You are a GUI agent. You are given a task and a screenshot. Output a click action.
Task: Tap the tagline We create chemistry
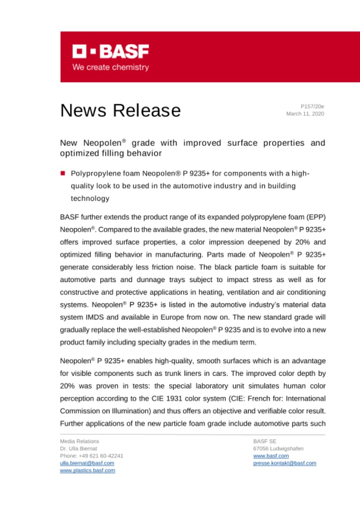tap(110, 67)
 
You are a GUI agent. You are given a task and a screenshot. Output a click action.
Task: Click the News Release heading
tap(120, 111)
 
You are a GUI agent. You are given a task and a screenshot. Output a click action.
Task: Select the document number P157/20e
tap(312, 107)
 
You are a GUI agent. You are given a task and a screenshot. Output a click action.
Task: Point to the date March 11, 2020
tap(305, 114)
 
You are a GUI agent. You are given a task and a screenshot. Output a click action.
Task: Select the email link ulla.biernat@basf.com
tap(87, 463)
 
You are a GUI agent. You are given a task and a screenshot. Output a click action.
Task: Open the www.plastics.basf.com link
tap(88, 470)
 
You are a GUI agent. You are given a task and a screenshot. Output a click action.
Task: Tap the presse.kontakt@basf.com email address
tap(284, 463)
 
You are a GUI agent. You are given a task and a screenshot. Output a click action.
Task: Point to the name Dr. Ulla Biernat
tap(78, 449)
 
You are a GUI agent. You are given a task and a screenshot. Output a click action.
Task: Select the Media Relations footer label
tap(80, 441)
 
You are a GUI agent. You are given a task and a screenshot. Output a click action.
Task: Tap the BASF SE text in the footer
tap(262, 441)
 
